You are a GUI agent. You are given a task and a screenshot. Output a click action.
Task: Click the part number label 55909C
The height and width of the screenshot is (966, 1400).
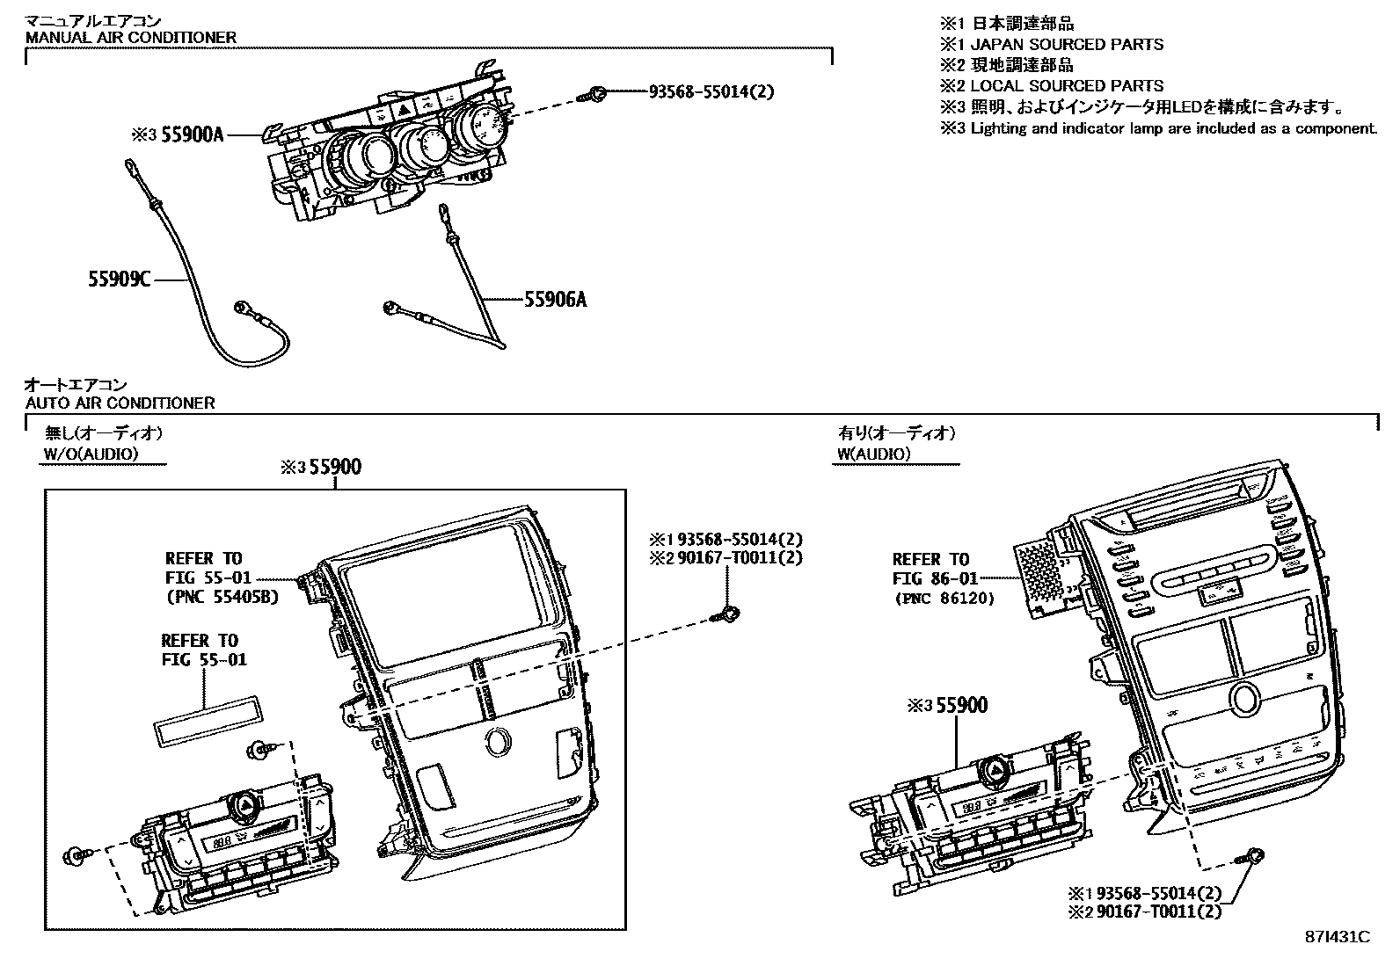click(119, 280)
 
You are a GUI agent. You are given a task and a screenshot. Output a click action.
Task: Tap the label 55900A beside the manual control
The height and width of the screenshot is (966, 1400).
click(192, 134)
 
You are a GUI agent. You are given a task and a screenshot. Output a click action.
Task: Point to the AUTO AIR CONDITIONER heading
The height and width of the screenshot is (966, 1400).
click(120, 403)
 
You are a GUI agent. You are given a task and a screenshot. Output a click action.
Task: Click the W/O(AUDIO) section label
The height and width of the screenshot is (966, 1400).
click(91, 454)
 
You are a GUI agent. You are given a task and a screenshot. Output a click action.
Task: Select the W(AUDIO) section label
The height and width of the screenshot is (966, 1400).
click(873, 454)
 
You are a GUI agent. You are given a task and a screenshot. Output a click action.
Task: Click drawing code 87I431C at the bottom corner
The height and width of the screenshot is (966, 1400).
click(1336, 937)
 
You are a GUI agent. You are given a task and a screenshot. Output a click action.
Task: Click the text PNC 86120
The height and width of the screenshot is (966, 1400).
click(944, 599)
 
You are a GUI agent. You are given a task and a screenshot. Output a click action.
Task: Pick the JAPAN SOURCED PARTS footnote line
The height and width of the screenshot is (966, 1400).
click(1066, 44)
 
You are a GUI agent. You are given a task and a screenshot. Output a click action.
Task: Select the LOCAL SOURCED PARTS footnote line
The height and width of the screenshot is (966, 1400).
click(1066, 86)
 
